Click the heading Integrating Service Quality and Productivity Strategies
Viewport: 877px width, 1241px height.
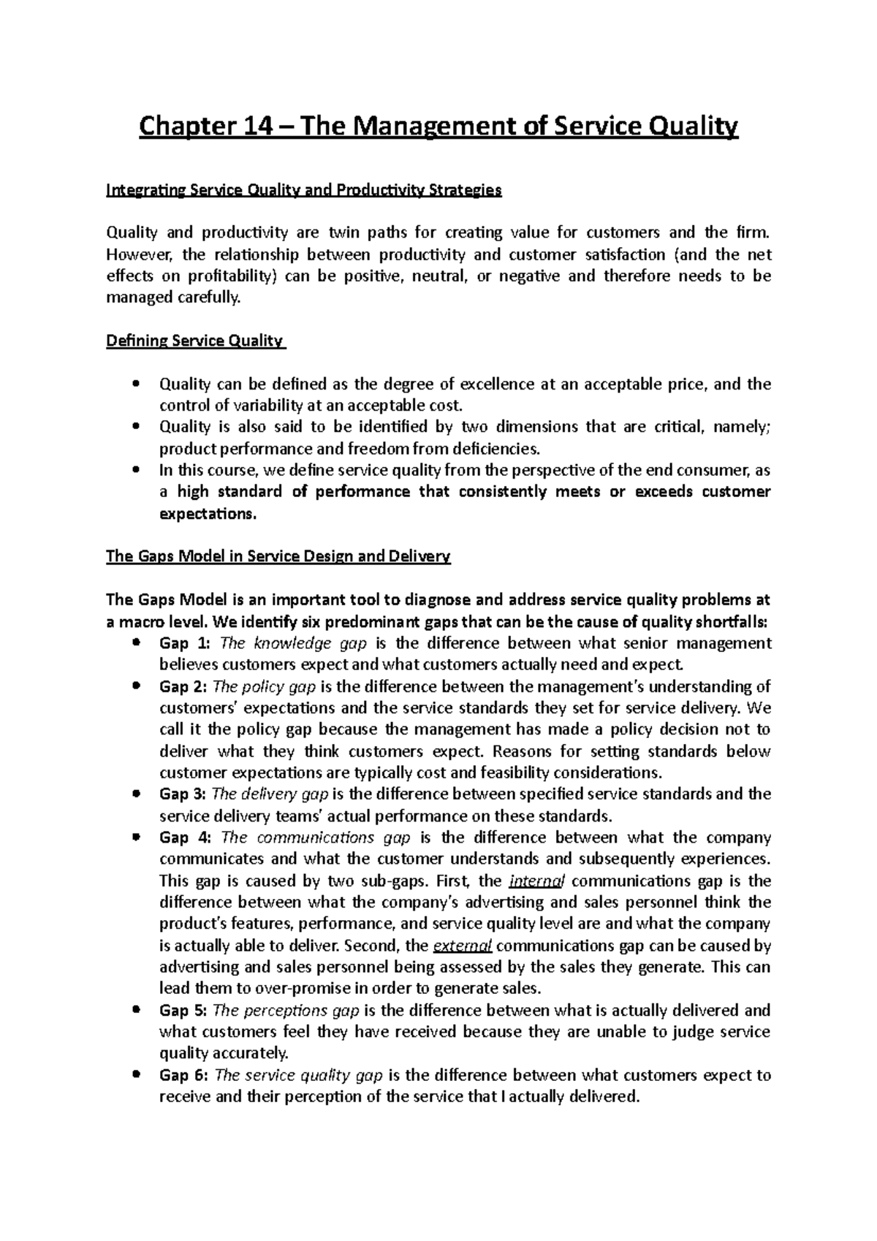(304, 191)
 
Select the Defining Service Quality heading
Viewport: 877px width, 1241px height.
(195, 341)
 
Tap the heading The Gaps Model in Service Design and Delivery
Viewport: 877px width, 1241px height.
(278, 556)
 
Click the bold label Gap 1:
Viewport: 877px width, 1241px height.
(184, 643)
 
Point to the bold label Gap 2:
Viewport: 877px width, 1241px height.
(184, 686)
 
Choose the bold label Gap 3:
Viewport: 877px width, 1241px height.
(184, 794)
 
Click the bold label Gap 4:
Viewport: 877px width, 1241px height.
(184, 838)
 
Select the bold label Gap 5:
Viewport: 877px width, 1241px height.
(184, 1010)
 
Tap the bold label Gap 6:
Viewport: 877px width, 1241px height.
(184, 1075)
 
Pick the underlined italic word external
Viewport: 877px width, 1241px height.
(462, 946)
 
